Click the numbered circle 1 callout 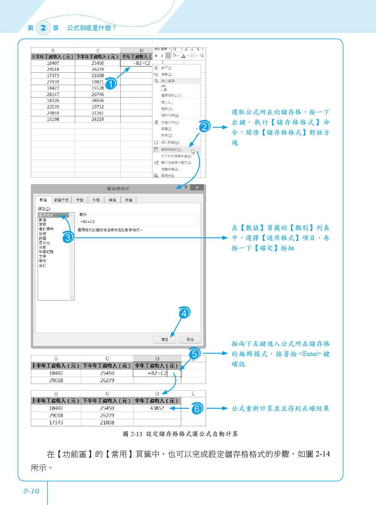click(111, 84)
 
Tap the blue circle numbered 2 click(205, 127)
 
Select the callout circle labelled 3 click(68, 238)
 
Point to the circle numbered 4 click(184, 313)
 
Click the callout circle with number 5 click(194, 354)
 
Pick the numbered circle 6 click(197, 409)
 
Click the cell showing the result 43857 click(157, 408)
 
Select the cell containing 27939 click(53, 82)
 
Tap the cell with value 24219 click(98, 119)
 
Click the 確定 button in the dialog click(165, 339)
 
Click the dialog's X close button click(197, 188)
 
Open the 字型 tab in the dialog click(80, 200)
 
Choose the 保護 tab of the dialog click(129, 200)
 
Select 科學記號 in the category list click(46, 252)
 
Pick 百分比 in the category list click(44, 243)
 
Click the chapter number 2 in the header click(43, 27)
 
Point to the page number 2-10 click(31, 491)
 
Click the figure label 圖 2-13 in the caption click(132, 434)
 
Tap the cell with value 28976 click(98, 101)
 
